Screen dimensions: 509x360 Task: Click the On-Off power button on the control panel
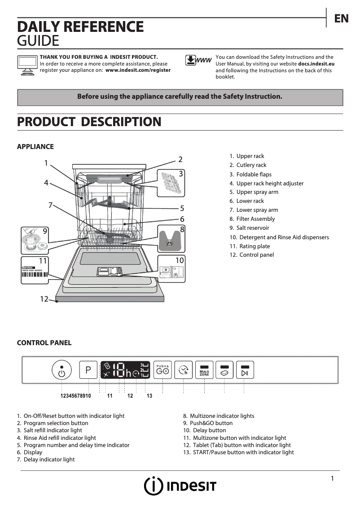(61, 370)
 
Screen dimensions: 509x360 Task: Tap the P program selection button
(88, 370)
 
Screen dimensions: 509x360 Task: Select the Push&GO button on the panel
(162, 370)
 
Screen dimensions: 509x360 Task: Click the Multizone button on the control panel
(204, 370)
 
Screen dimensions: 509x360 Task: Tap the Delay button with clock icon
(183, 370)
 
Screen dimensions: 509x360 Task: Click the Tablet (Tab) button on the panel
(225, 370)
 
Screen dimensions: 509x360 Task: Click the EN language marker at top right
(341, 18)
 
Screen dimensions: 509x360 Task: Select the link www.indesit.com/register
(138, 70)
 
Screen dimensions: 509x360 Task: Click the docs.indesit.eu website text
(316, 64)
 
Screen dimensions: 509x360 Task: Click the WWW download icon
(198, 61)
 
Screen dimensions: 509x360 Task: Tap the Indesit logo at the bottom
(180, 486)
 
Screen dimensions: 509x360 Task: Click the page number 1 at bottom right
(332, 478)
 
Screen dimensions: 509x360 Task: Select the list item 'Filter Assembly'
(255, 219)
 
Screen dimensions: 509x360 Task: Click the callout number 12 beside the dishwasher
(44, 299)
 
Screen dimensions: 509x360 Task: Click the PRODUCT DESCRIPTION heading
(89, 122)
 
